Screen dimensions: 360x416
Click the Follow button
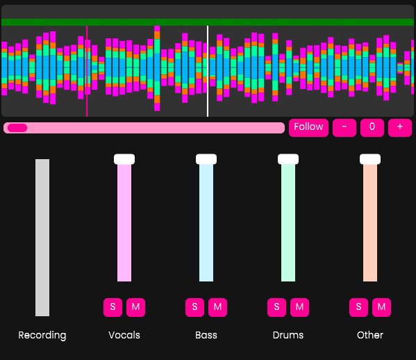308,127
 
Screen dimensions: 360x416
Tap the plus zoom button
400,127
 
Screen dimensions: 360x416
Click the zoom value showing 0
372,127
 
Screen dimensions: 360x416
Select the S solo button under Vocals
113,306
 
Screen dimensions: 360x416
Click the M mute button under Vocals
135,306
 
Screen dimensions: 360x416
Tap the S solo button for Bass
194,306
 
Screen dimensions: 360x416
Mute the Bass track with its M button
217,306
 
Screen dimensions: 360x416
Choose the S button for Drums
276,306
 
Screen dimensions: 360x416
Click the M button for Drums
299,306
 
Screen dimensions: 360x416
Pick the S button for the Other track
358,306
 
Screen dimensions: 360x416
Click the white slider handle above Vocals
124,159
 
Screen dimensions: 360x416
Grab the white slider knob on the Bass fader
206,159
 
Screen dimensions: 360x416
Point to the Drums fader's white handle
288,159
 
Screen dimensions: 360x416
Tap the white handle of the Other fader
370,159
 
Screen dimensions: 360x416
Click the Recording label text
42,335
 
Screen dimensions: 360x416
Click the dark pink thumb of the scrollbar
17,128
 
